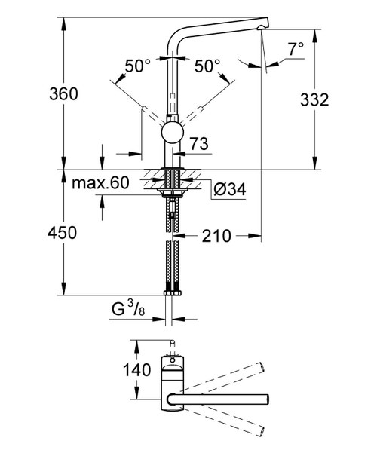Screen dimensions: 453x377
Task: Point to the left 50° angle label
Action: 138,67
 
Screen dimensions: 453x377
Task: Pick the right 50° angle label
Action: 208,67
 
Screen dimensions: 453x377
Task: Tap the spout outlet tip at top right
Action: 261,29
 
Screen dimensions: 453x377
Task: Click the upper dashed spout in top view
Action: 226,375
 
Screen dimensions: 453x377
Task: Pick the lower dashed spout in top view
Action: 226,423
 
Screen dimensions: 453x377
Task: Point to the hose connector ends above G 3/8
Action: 172,291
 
